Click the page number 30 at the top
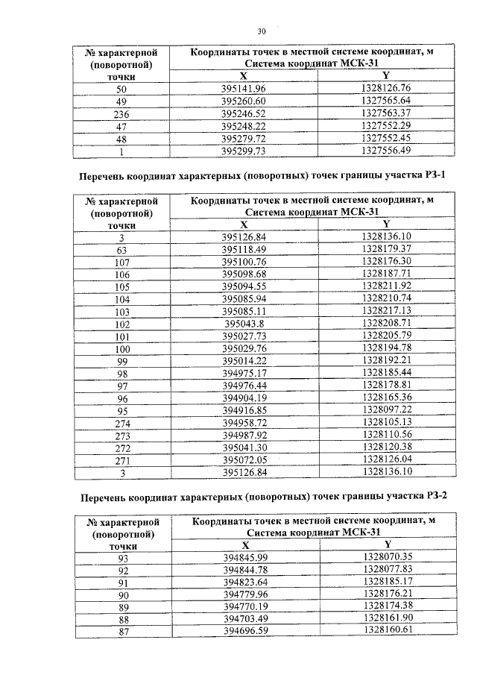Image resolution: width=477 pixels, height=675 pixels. coord(262,31)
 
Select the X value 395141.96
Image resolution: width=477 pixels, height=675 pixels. coord(244,89)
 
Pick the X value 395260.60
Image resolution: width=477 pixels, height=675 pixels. coord(244,101)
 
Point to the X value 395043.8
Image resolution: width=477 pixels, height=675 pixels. coord(244,324)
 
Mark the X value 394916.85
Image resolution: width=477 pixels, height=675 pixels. coord(244,409)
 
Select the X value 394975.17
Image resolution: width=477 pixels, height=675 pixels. coord(244,372)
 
